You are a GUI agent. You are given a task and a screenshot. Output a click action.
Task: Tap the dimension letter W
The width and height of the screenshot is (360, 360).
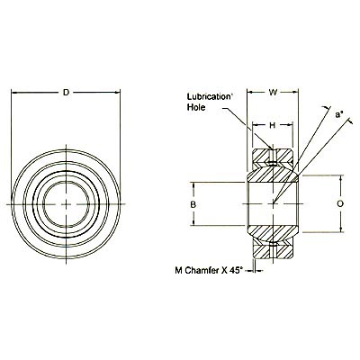(274, 91)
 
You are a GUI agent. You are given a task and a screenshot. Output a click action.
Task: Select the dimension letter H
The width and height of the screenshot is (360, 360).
(273, 126)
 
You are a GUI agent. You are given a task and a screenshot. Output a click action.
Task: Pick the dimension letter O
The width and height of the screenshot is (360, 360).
(339, 203)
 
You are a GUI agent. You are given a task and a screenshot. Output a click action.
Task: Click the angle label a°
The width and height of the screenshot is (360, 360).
(338, 116)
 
